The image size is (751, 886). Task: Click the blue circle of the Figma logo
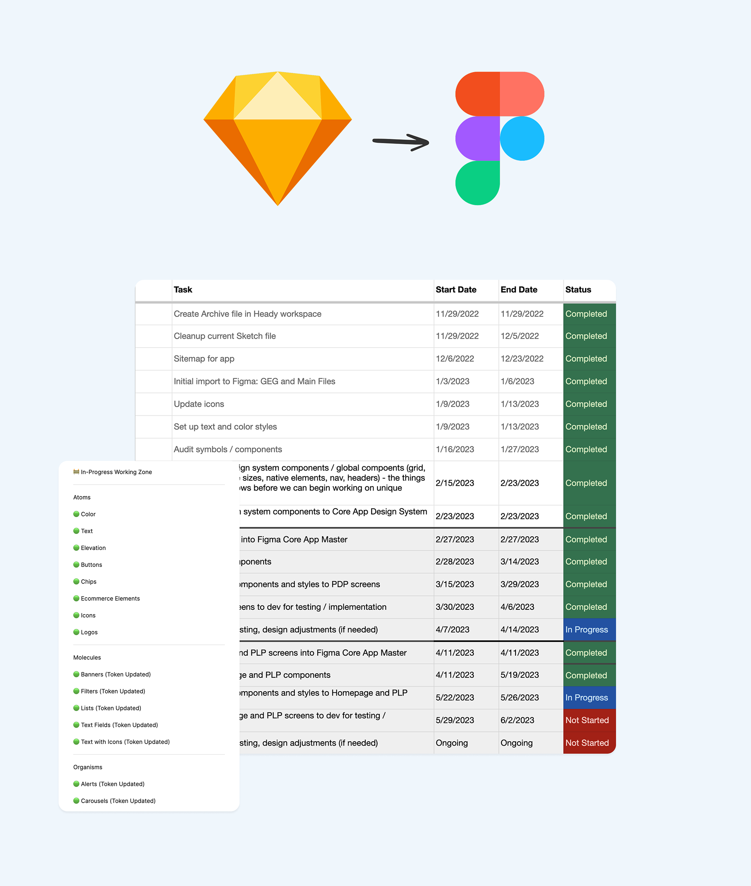tap(522, 138)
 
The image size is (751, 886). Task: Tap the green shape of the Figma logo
tap(477, 183)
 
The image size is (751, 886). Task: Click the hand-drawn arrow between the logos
tap(400, 142)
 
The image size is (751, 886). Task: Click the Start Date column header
tap(456, 289)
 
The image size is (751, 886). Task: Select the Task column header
tap(183, 289)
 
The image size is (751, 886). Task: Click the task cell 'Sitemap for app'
tap(204, 358)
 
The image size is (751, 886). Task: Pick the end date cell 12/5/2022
tap(519, 336)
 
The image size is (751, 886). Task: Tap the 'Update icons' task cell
tap(199, 404)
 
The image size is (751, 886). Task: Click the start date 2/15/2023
tap(455, 483)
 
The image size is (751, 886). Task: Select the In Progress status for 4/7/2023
tap(586, 629)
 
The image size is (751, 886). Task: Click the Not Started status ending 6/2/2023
tap(587, 720)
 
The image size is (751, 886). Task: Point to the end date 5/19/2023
tap(519, 675)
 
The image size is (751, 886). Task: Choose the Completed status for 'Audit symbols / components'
tap(586, 449)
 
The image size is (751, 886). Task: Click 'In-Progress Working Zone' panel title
tap(116, 472)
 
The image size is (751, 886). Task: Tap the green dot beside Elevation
tap(76, 548)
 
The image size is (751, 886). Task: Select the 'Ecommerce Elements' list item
tap(110, 598)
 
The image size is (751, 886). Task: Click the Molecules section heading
tap(87, 658)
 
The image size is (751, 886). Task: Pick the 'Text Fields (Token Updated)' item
tap(119, 724)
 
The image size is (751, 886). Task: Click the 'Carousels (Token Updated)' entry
tap(118, 800)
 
